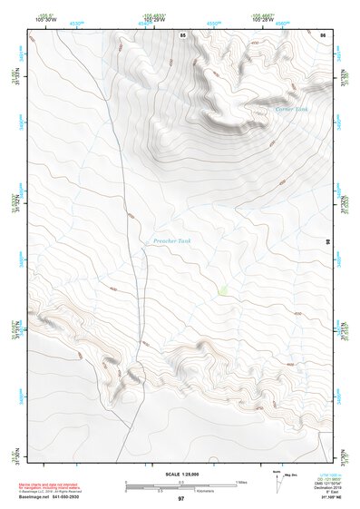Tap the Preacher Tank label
171,240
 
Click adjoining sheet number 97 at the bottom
180,499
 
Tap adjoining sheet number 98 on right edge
327,240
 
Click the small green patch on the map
222,290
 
